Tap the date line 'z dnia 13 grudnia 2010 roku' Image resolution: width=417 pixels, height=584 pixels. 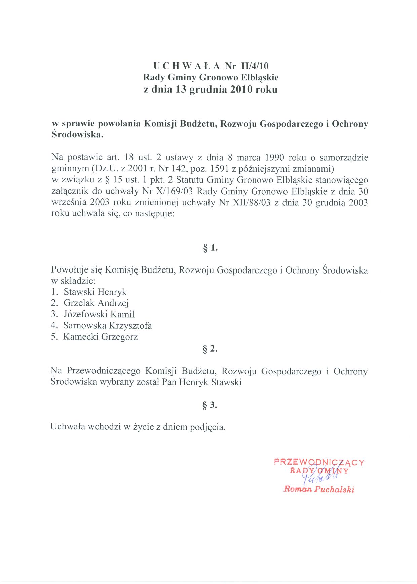(x=211, y=90)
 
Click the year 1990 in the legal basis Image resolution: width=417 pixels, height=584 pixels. (x=275, y=158)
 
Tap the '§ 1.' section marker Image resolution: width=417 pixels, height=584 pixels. (x=210, y=248)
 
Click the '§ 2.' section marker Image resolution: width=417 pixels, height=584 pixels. (x=210, y=349)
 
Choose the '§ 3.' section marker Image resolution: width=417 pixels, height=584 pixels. (x=210, y=405)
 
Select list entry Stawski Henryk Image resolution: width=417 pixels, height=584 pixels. (x=95, y=292)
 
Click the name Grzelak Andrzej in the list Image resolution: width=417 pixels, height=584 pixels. (x=96, y=303)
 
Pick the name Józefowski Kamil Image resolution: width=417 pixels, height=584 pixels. (x=99, y=315)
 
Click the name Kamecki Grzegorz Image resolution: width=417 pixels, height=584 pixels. (x=101, y=337)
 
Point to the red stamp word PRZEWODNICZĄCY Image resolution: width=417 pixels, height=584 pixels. (x=319, y=462)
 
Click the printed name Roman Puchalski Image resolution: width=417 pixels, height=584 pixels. (x=319, y=489)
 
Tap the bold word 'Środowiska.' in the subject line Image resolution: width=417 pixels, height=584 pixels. (x=77, y=135)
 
